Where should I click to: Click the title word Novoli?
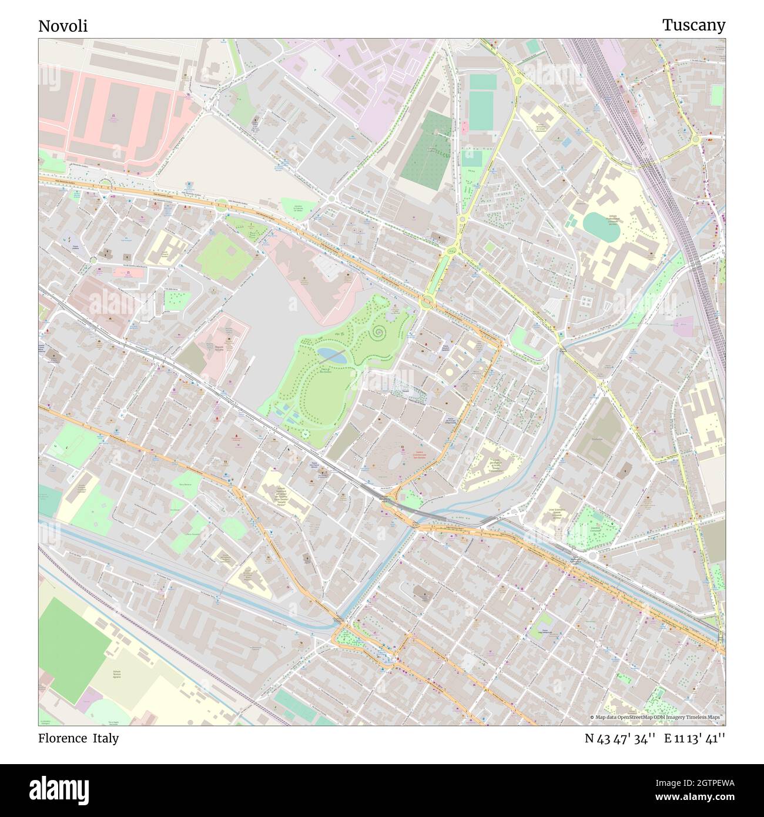pyautogui.click(x=63, y=26)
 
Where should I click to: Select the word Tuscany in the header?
pyautogui.click(x=693, y=25)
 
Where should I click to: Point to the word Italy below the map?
pyautogui.click(x=105, y=738)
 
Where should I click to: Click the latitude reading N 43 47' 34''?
pyautogui.click(x=620, y=739)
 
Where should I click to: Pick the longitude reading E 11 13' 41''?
pyautogui.click(x=695, y=739)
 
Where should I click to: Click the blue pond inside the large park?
pyautogui.click(x=331, y=354)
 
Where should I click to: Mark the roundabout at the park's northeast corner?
pyautogui.click(x=427, y=303)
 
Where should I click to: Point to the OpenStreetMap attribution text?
pyautogui.click(x=658, y=717)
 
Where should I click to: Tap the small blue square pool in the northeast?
pyautogui.click(x=566, y=142)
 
